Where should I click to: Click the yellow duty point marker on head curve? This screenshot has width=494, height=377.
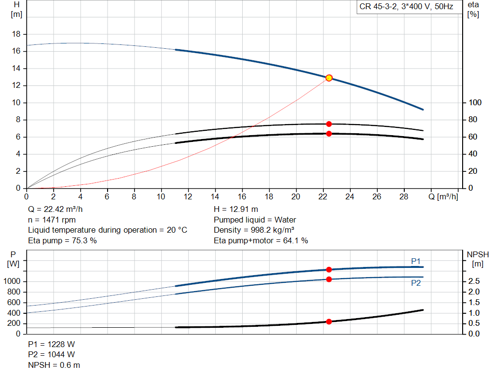(x=329, y=78)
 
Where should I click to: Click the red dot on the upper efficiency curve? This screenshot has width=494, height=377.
(x=329, y=124)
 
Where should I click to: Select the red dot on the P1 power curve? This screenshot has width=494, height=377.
(x=329, y=269)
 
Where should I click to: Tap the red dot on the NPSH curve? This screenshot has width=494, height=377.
(x=329, y=321)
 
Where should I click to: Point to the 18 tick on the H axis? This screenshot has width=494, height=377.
(x=16, y=34)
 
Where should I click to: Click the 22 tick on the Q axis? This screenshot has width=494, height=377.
(x=323, y=197)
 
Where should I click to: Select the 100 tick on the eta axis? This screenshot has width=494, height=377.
(x=475, y=103)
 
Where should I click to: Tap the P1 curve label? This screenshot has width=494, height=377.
(x=416, y=261)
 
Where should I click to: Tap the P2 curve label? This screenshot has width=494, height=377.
(x=416, y=283)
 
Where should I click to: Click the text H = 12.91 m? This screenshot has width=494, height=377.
(x=236, y=209)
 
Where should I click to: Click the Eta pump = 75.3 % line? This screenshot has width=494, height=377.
(x=62, y=240)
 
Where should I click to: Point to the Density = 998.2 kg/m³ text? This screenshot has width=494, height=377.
(x=255, y=230)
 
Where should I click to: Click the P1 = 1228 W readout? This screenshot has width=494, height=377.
(x=52, y=344)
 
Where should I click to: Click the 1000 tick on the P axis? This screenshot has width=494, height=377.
(x=13, y=281)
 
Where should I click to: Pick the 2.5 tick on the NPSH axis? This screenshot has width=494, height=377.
(x=474, y=281)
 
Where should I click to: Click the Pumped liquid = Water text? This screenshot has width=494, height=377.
(x=255, y=220)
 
